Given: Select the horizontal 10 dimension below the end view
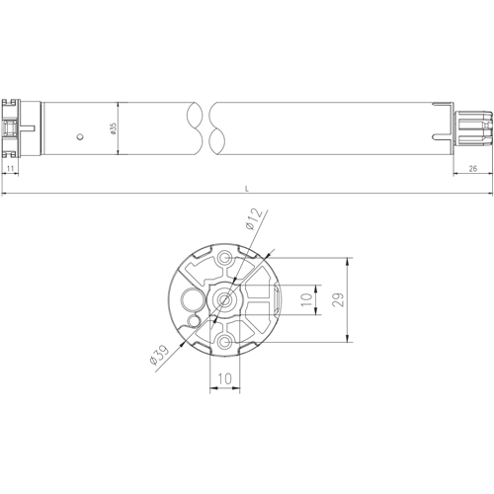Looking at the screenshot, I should click(225, 378).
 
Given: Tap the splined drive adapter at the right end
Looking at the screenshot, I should click(471, 128).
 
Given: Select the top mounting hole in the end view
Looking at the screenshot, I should click(226, 260).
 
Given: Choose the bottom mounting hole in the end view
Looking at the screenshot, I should click(226, 342).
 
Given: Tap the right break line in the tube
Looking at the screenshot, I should click(216, 128).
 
